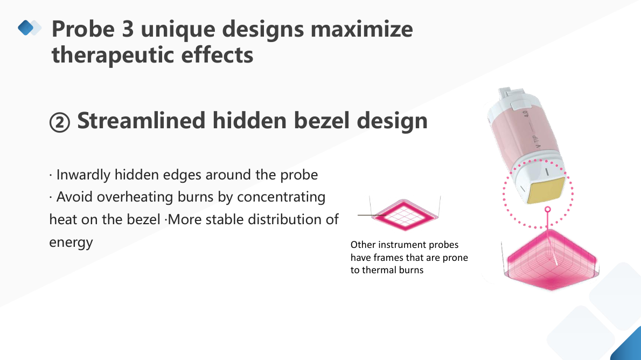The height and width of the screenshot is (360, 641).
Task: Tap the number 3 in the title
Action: tap(128, 29)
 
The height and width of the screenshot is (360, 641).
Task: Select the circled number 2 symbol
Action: tap(60, 122)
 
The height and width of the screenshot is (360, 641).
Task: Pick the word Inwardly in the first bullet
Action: tap(83, 175)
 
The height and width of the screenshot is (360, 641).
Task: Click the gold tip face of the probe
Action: tap(546, 190)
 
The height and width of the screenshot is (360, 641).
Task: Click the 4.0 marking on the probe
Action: tap(526, 113)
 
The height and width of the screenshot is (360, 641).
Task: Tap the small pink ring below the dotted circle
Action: tap(548, 210)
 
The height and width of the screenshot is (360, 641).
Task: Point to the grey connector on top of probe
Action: tap(510, 94)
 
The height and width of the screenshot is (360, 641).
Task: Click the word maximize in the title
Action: tap(361, 29)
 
